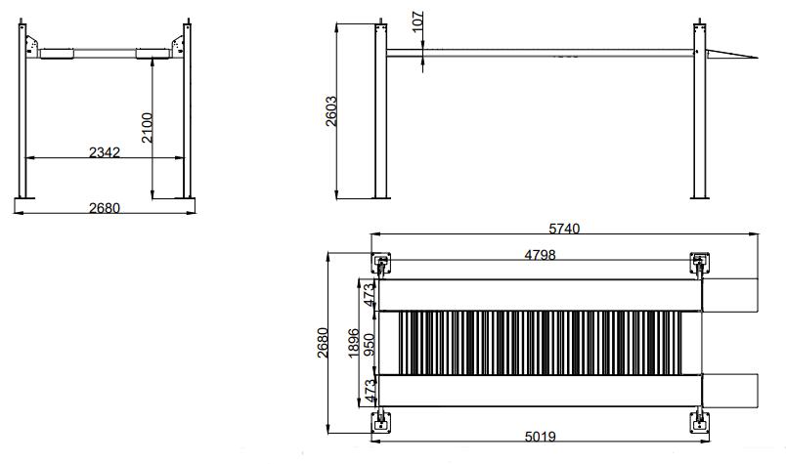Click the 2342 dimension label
tap(105, 151)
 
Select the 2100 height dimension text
tap(147, 128)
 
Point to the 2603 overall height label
tap(331, 111)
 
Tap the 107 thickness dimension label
tap(418, 21)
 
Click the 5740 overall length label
tap(564, 229)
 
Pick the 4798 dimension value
tap(540, 255)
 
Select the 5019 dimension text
tap(540, 437)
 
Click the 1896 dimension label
tap(354, 343)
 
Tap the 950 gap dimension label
tap(369, 345)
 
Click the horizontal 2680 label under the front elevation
tap(105, 207)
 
